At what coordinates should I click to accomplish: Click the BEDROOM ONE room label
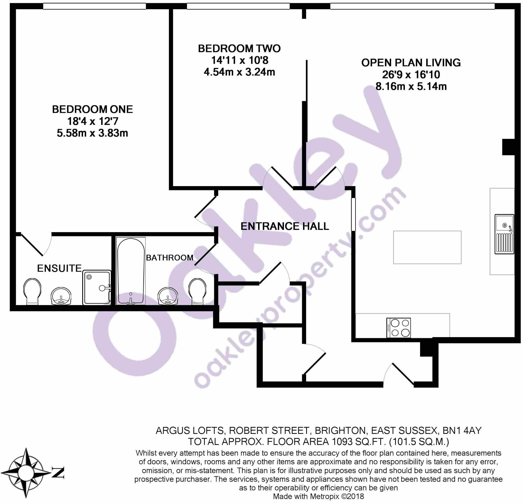[92, 109]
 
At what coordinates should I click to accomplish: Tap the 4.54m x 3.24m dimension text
[239, 72]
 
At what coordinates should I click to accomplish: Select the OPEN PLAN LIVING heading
[411, 63]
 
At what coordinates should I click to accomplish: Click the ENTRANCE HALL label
[285, 226]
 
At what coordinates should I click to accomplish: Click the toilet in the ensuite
[32, 291]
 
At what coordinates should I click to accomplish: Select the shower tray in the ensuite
[97, 287]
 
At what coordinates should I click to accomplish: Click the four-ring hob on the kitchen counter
[398, 328]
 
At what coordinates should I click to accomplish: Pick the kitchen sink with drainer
[504, 234]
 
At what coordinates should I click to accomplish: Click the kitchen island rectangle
[427, 247]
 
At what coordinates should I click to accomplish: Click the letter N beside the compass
[58, 473]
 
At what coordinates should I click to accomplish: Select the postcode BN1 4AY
[462, 430]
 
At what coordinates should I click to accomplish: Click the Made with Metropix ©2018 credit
[318, 496]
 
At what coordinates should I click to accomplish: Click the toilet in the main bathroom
[197, 291]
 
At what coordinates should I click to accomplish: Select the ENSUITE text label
[59, 268]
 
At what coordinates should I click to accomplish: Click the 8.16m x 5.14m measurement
[411, 86]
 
